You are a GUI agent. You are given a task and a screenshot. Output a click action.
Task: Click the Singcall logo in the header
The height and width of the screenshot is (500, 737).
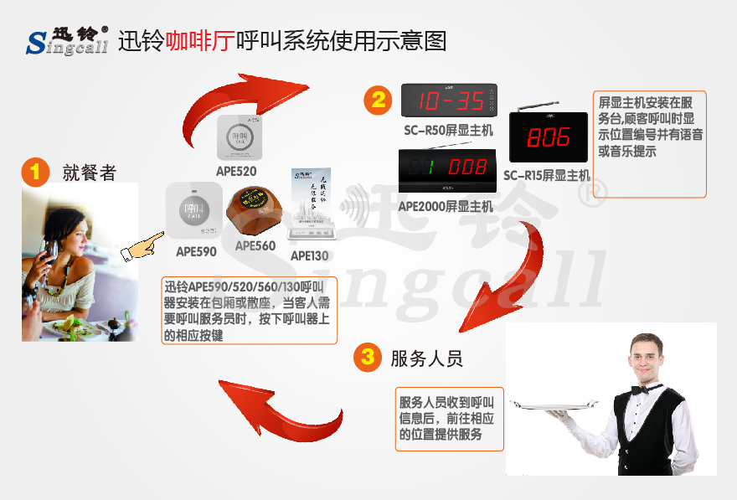pyautogui.click(x=67, y=40)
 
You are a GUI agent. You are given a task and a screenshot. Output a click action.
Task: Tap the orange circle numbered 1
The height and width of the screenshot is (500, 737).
pyautogui.click(x=34, y=173)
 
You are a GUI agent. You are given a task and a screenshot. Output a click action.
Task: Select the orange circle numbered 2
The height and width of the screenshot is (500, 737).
pyautogui.click(x=379, y=100)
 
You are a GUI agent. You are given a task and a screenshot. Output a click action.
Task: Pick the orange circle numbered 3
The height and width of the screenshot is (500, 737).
pyautogui.click(x=367, y=358)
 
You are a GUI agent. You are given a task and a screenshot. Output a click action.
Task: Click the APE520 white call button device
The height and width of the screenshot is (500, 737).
pyautogui.click(x=240, y=137)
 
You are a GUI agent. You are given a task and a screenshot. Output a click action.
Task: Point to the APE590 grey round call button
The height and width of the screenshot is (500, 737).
pyautogui.click(x=193, y=209)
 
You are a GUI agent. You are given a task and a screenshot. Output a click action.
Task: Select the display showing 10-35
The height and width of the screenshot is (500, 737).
pyautogui.click(x=450, y=101)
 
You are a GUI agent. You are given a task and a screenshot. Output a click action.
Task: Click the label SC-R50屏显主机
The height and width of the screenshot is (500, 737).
pyautogui.click(x=449, y=131)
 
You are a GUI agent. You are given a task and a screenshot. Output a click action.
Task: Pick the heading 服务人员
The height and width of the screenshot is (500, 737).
pyautogui.click(x=426, y=358)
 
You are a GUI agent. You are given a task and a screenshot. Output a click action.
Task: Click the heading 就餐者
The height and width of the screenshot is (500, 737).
pyautogui.click(x=89, y=173)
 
